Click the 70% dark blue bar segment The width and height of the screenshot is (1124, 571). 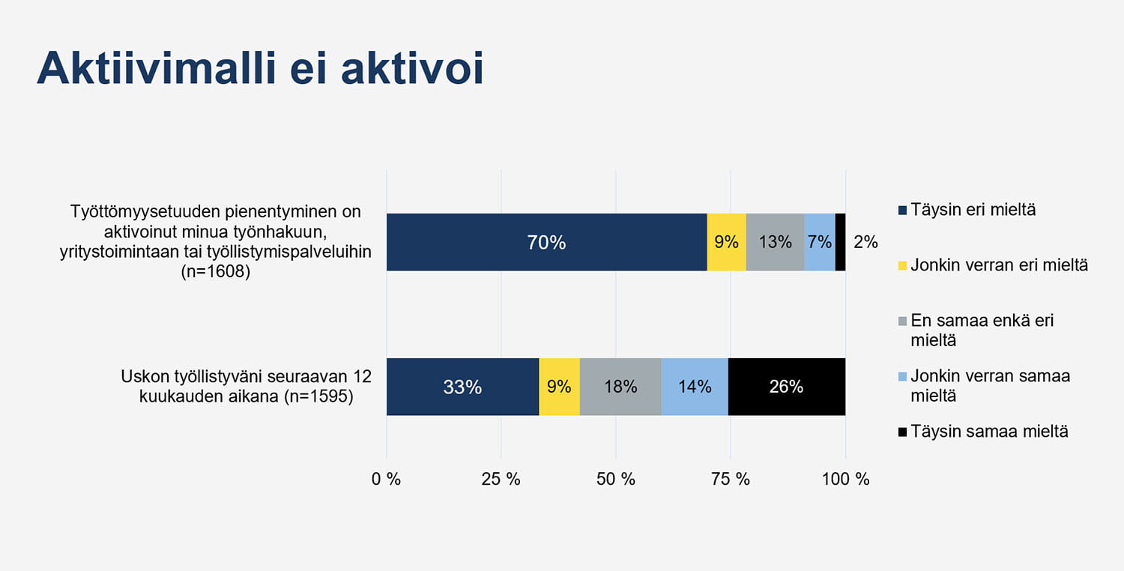click(x=546, y=242)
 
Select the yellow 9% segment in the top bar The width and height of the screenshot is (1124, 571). click(x=726, y=242)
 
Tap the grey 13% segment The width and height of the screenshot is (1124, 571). click(x=775, y=242)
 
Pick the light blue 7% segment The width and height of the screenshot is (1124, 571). click(x=820, y=242)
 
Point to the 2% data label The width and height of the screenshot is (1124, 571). click(x=865, y=242)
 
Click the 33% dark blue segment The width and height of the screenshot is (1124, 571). click(x=462, y=387)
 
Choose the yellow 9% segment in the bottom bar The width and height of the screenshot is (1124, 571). click(x=559, y=387)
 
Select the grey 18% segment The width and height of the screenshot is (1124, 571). click(x=620, y=387)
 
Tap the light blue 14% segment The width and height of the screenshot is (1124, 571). click(x=695, y=387)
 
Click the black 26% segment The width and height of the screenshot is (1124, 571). click(x=786, y=387)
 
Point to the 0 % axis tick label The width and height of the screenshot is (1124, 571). click(x=386, y=479)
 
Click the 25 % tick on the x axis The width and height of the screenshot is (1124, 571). click(x=501, y=479)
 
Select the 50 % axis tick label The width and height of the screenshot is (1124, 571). click(x=616, y=479)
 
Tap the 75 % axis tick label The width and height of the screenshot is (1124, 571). click(x=730, y=479)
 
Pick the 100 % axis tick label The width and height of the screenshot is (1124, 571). click(x=845, y=479)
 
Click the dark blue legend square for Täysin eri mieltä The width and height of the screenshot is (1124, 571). click(x=902, y=211)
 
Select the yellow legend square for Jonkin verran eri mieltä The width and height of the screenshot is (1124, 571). click(x=902, y=265)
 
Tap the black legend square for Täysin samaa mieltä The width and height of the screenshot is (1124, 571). click(x=902, y=432)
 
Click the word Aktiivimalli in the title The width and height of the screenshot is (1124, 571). click(x=157, y=67)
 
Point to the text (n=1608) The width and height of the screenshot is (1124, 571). click(x=215, y=271)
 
